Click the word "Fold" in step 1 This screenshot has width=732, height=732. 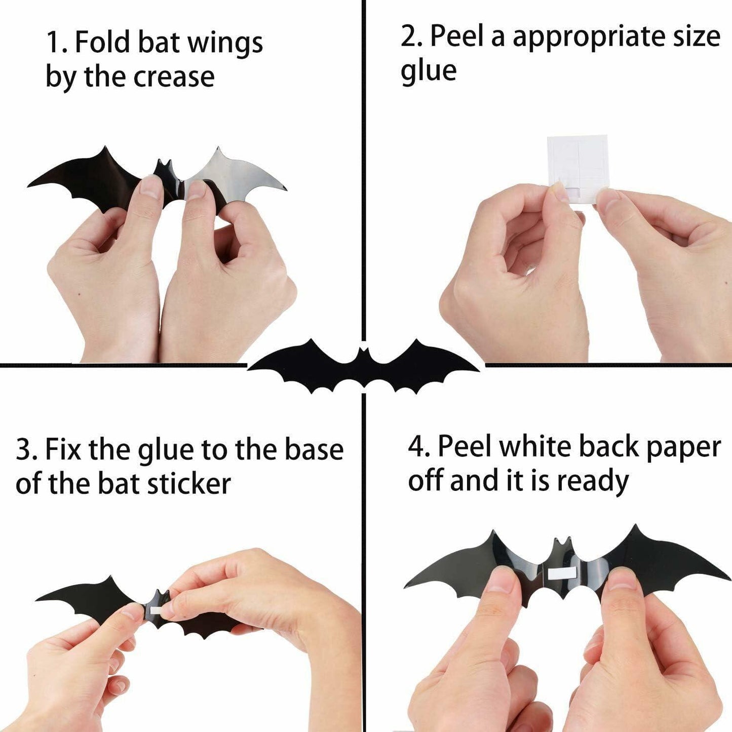pyautogui.click(x=103, y=42)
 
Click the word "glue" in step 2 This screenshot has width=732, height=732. pyautogui.click(x=429, y=71)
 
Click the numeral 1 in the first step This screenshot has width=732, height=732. pyautogui.click(x=53, y=43)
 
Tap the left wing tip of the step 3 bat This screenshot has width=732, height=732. pyautogui.click(x=38, y=600)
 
